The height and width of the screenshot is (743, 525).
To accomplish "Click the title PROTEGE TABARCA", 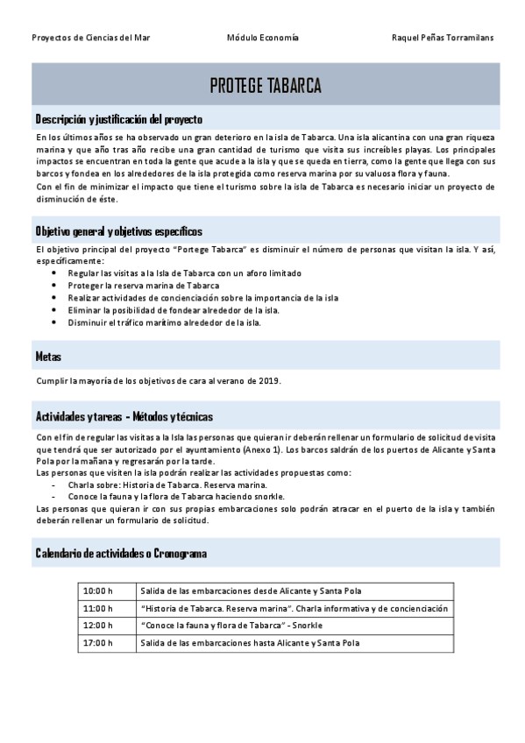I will pyautogui.click(x=266, y=85).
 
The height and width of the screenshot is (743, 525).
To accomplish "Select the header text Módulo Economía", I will pyautogui.click(x=263, y=38).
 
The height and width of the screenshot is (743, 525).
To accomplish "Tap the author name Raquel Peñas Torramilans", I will pyautogui.click(x=443, y=38).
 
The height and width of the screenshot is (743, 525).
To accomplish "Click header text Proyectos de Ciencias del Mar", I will pyautogui.click(x=90, y=38).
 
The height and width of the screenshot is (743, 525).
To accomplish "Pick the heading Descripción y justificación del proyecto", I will pyautogui.click(x=118, y=118).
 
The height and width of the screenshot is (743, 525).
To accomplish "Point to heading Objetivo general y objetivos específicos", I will pyautogui.click(x=118, y=231).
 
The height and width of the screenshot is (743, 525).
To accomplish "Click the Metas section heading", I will pyautogui.click(x=48, y=357).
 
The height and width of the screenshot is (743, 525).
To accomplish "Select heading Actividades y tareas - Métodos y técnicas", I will pyautogui.click(x=124, y=416).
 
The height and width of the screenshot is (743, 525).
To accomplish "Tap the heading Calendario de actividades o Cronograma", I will pyautogui.click(x=121, y=553).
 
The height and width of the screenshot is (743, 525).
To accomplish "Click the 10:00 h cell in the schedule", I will pyautogui.click(x=98, y=591).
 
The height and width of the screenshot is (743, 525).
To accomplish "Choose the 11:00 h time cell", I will pyautogui.click(x=98, y=608).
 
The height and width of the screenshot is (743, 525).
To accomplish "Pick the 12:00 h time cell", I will pyautogui.click(x=98, y=626).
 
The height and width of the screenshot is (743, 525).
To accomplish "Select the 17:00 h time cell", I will pyautogui.click(x=98, y=643).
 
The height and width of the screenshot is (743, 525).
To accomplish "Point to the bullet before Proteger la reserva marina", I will pyautogui.click(x=54, y=286).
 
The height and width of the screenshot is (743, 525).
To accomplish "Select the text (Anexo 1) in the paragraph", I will pyautogui.click(x=263, y=449).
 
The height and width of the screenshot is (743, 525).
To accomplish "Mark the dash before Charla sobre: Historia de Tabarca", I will pyautogui.click(x=54, y=485).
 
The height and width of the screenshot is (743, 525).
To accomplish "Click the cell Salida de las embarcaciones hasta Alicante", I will pyautogui.click(x=250, y=643).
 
